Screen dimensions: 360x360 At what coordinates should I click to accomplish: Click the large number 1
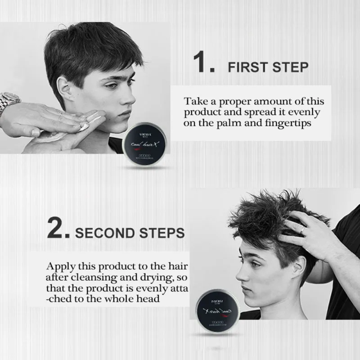(x=203, y=63)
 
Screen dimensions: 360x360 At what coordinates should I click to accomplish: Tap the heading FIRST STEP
(x=268, y=67)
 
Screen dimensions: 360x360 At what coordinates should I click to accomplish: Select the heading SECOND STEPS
(x=130, y=233)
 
